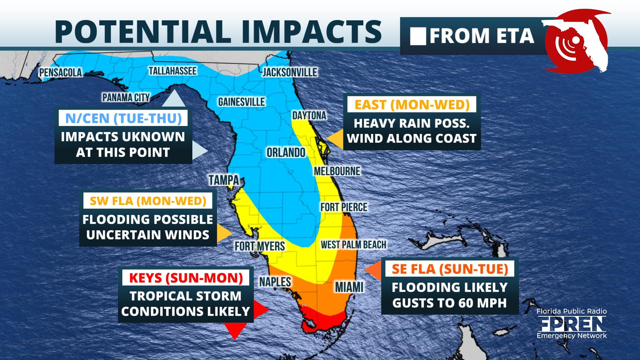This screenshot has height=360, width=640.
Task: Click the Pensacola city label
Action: click(60, 72)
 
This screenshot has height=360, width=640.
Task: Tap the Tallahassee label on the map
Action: click(172, 71)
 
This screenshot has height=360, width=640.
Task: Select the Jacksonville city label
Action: click(290, 72)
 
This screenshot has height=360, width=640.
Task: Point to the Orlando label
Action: click(286, 153)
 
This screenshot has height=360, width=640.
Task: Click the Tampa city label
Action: click(224, 180)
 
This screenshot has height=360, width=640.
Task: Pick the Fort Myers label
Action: click(260, 246)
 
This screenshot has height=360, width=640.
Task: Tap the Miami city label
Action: click(349, 287)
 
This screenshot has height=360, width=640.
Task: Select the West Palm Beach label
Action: click(353, 245)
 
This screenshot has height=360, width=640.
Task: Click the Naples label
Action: click(275, 282)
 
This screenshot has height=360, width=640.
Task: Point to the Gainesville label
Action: click(241, 102)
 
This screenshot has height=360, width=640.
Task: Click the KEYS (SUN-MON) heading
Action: click(186, 278)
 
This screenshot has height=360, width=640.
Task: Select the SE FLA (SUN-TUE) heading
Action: click(450, 269)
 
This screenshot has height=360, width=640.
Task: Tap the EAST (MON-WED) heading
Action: click(412, 105)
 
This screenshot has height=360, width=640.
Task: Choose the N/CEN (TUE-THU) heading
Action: click(123, 118)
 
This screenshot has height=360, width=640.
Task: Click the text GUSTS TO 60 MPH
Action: click(449, 303)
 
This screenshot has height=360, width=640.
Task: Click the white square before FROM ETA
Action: click(418, 36)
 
